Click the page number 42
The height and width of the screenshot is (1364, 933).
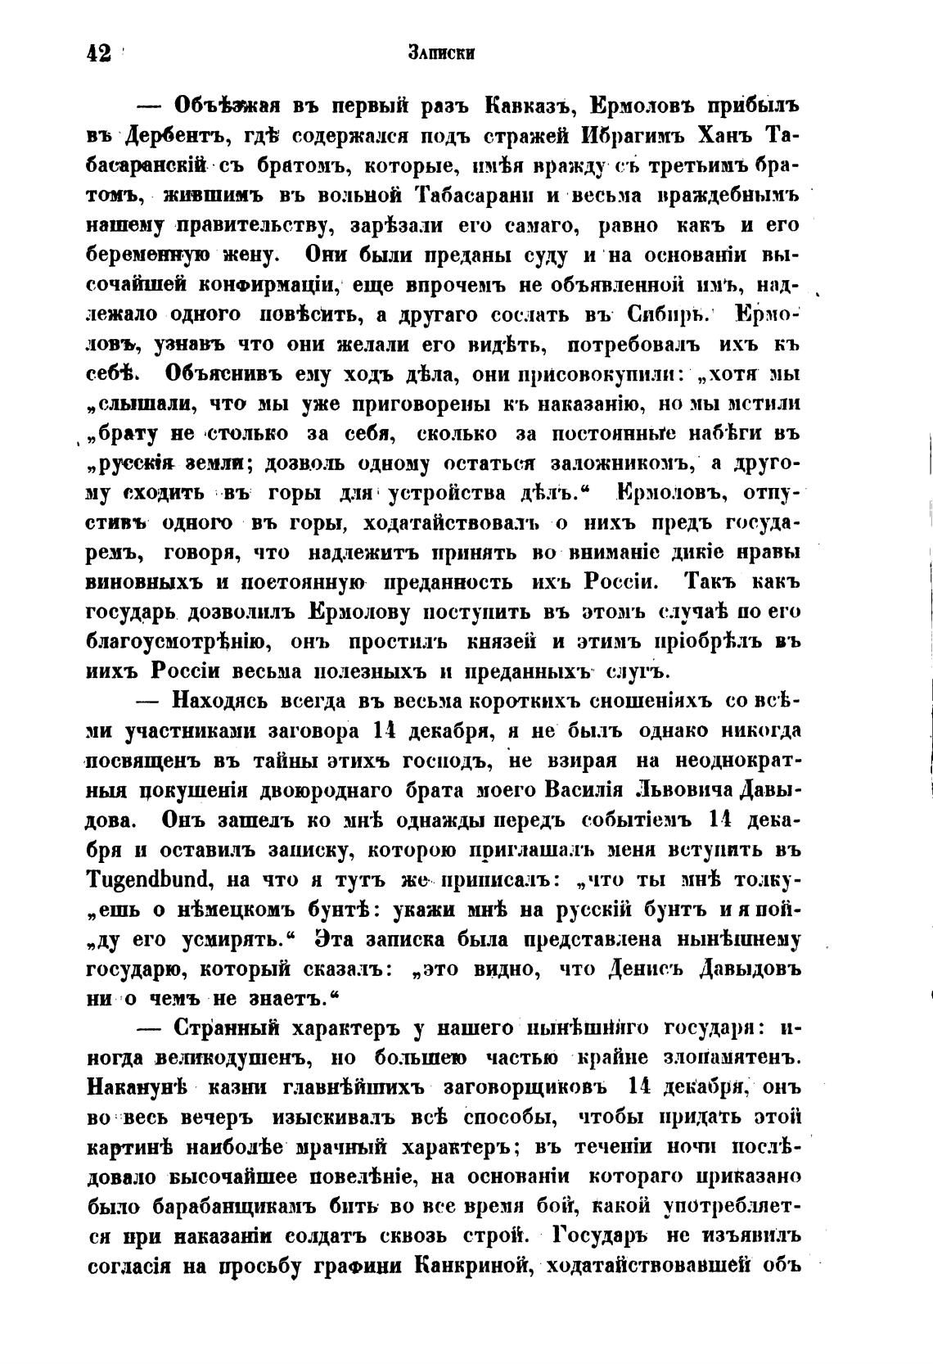98,54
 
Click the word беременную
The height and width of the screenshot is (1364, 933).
151,255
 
